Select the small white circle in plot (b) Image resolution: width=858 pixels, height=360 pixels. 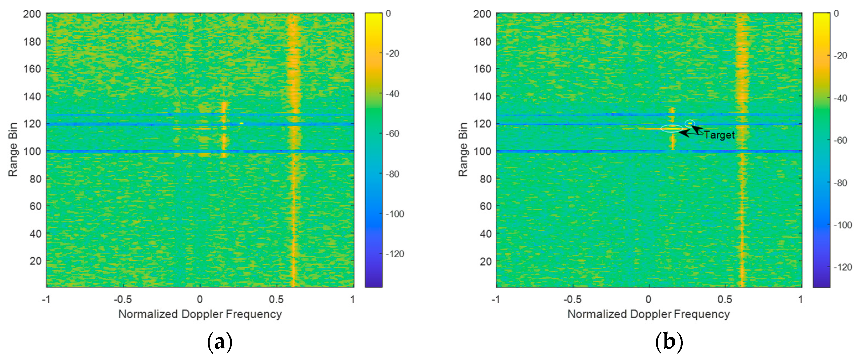tap(690, 123)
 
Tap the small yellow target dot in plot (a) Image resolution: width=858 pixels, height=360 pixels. tap(241, 123)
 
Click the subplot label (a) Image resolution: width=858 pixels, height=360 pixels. tap(220, 342)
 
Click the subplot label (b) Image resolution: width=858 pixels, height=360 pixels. tap(669, 342)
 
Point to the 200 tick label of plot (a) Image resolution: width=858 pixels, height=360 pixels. tap(32, 14)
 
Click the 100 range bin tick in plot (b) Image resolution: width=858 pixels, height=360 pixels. tap(482, 151)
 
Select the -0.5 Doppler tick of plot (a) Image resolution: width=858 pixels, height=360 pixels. tap(123, 299)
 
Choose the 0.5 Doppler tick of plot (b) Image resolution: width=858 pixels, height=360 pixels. tap(725, 299)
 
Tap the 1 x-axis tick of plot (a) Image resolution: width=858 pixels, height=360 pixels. tap(352, 299)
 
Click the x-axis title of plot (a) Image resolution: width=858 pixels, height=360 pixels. tap(200, 314)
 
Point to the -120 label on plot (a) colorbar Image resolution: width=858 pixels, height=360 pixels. tap(395, 254)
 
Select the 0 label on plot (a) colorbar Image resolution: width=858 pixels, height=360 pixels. tap(388, 14)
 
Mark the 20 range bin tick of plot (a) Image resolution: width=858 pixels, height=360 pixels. tap(35, 261)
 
